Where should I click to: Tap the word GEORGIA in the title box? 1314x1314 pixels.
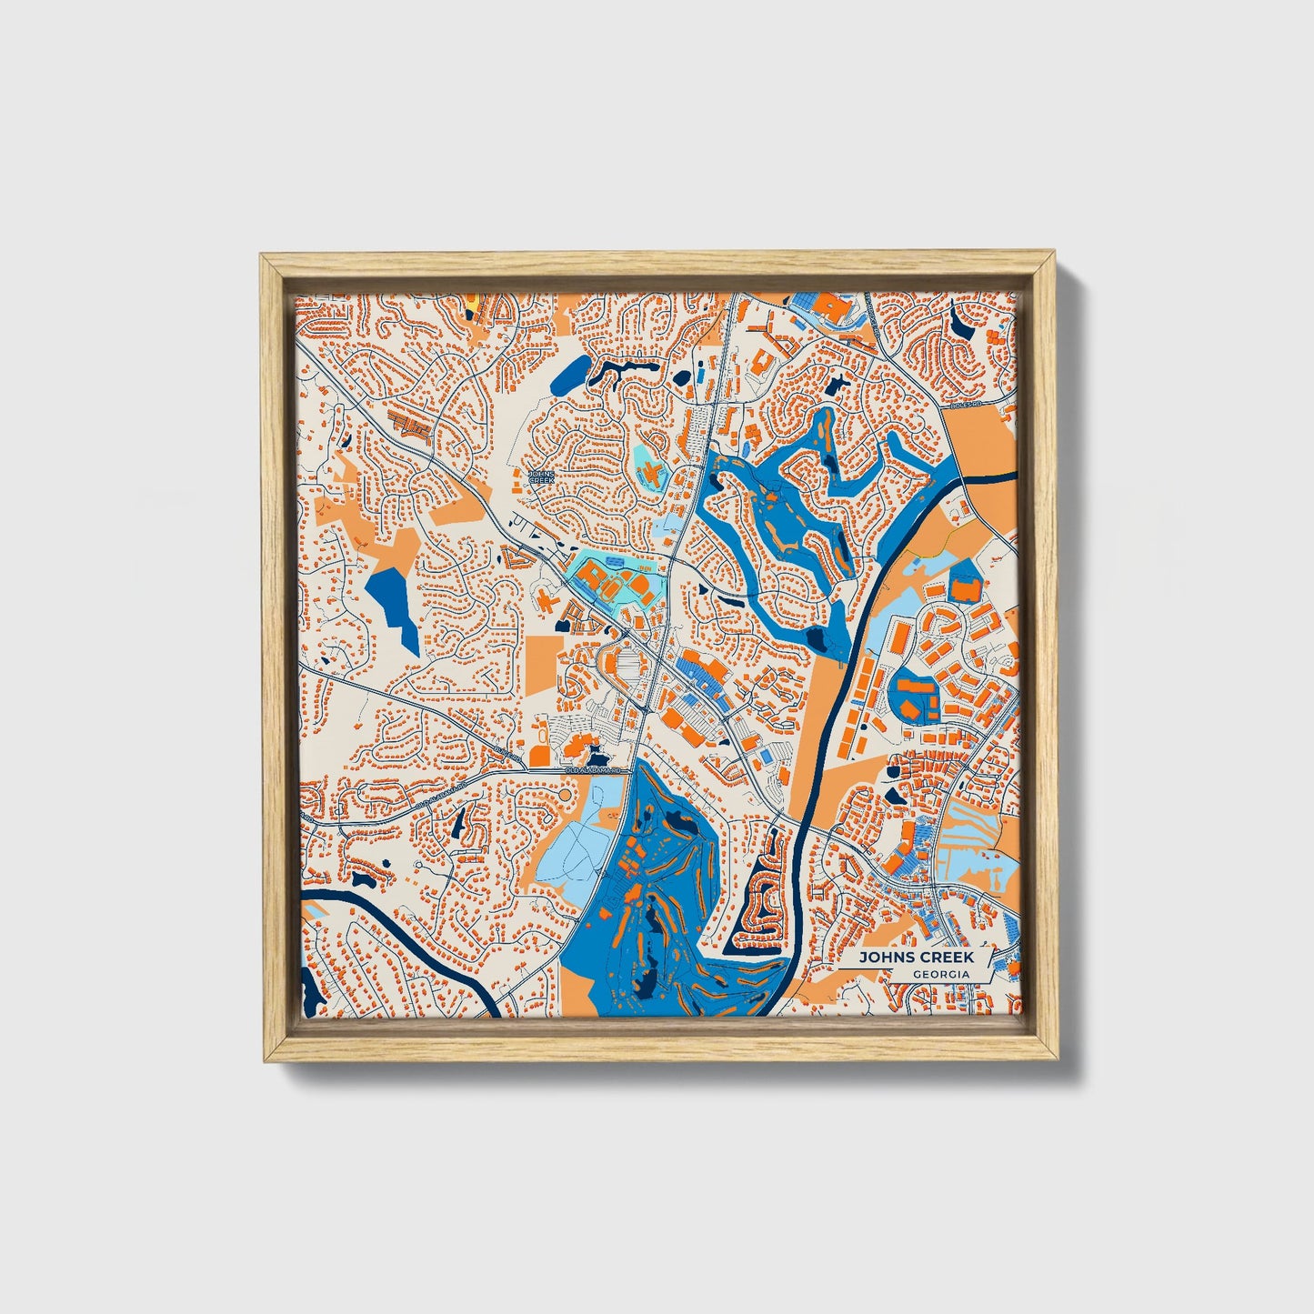pyautogui.click(x=940, y=974)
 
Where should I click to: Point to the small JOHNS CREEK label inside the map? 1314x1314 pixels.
pyautogui.click(x=540, y=476)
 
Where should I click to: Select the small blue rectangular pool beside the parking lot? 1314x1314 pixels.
pyautogui.click(x=766, y=757)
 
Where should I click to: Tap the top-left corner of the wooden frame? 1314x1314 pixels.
pyautogui.click(x=264, y=258)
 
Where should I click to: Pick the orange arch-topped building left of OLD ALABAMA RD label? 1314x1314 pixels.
pyautogui.click(x=539, y=755)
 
